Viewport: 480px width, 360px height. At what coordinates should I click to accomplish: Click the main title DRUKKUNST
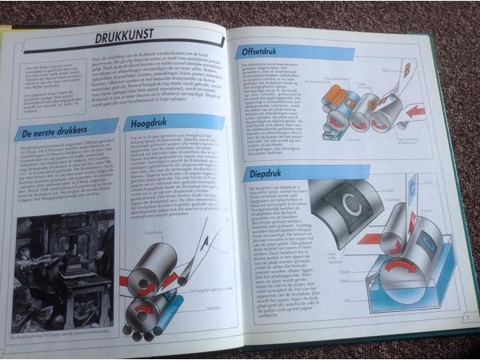tap(124, 36)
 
